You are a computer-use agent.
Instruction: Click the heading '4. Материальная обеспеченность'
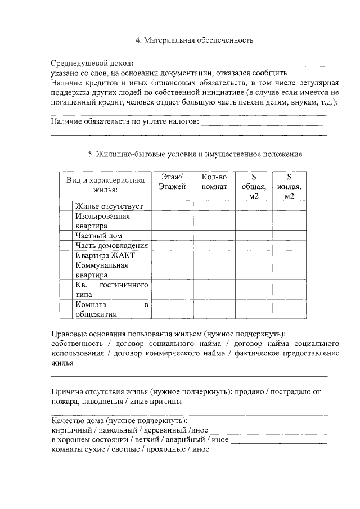click(x=195, y=40)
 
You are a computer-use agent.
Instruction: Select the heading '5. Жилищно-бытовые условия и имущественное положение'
click(x=195, y=154)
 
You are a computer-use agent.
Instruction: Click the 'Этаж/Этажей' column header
click(x=172, y=182)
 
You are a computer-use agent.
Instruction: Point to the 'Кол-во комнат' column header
click(x=214, y=182)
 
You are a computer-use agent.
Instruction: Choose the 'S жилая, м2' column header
click(x=289, y=186)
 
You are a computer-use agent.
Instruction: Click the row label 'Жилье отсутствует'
click(x=110, y=206)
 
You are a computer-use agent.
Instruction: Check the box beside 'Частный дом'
click(x=66, y=236)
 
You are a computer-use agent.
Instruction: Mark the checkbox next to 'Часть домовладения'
click(x=66, y=246)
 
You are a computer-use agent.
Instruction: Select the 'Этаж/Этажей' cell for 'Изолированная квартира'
click(x=172, y=220)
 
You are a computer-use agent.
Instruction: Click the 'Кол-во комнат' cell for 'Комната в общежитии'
click(x=214, y=309)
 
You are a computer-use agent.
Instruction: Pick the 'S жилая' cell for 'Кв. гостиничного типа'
click(x=289, y=290)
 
